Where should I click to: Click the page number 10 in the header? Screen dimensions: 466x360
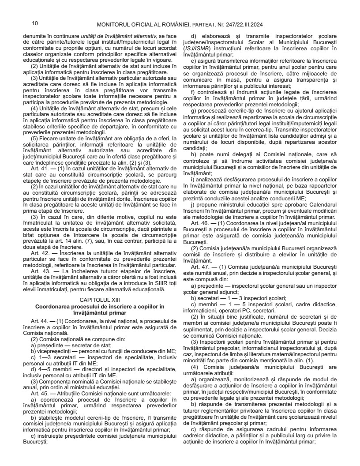35,23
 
